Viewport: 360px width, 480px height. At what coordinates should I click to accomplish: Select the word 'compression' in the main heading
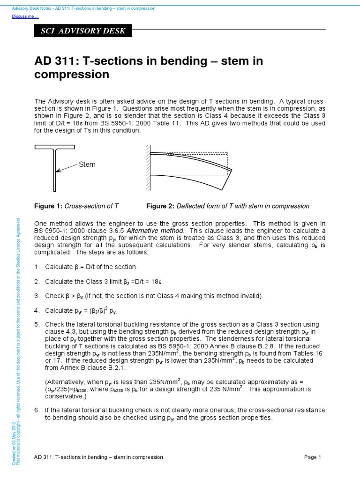72,75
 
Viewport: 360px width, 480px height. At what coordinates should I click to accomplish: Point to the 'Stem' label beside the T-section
87,165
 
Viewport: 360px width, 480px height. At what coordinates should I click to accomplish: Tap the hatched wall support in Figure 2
148,166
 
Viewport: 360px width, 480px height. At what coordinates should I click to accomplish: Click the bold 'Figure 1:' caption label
48,206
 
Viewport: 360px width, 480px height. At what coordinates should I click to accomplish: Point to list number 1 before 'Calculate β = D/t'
37,267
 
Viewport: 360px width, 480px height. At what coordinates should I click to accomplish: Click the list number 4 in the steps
37,311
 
